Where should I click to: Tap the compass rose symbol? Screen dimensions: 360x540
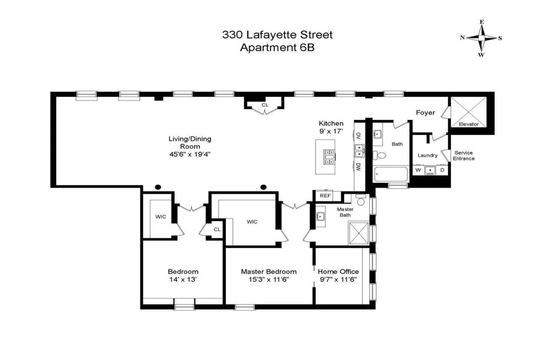pyautogui.click(x=481, y=38)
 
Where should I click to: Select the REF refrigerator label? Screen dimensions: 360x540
pyautogui.click(x=325, y=196)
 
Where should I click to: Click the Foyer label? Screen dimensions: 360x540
pyautogui.click(x=425, y=112)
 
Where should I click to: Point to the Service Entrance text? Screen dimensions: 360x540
pyautogui.click(x=463, y=156)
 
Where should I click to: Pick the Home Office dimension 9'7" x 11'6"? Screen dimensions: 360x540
pyautogui.click(x=338, y=279)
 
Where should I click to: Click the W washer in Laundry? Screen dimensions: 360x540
pyautogui.click(x=418, y=170)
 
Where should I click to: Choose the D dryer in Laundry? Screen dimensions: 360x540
pyautogui.click(x=442, y=170)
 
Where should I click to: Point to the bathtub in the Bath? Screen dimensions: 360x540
pyautogui.click(x=391, y=175)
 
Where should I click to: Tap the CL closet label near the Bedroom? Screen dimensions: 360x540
pyautogui.click(x=217, y=229)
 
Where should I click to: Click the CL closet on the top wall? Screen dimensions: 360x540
pyautogui.click(x=265, y=105)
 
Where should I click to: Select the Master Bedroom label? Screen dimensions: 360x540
pyautogui.click(x=269, y=271)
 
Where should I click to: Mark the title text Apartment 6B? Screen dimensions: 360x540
pyautogui.click(x=277, y=48)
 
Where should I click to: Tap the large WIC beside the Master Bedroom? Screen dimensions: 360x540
pyautogui.click(x=252, y=221)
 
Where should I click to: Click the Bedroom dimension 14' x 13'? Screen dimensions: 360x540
pyautogui.click(x=183, y=279)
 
